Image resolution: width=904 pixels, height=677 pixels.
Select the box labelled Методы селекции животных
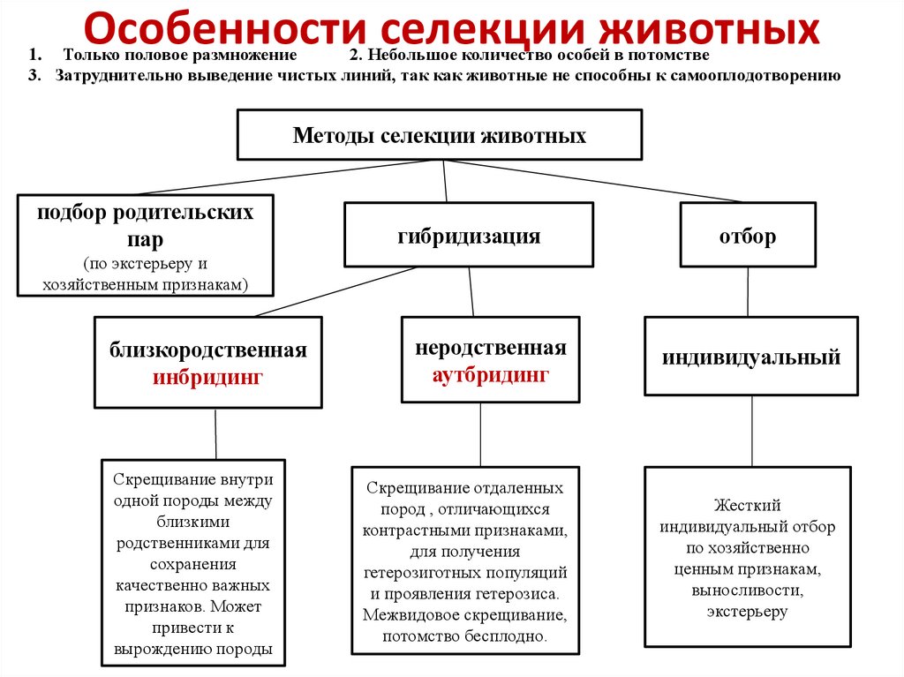pyautogui.click(x=440, y=136)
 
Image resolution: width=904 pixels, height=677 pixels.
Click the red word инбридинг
pyautogui.click(x=209, y=377)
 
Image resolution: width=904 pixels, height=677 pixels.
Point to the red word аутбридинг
pyautogui.click(x=491, y=374)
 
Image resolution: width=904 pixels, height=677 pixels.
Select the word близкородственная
pyautogui.click(x=208, y=350)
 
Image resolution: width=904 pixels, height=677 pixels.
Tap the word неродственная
pyautogui.click(x=491, y=348)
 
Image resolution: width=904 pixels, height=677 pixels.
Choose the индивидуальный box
pyautogui.click(x=751, y=357)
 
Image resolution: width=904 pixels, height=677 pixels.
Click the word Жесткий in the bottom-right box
pyautogui.click(x=748, y=506)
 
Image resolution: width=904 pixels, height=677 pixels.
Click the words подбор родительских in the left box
pyautogui.click(x=146, y=214)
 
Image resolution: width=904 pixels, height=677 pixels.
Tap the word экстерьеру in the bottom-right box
pyautogui.click(x=747, y=611)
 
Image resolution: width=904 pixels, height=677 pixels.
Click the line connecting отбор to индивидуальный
pyautogui.click(x=748, y=290)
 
